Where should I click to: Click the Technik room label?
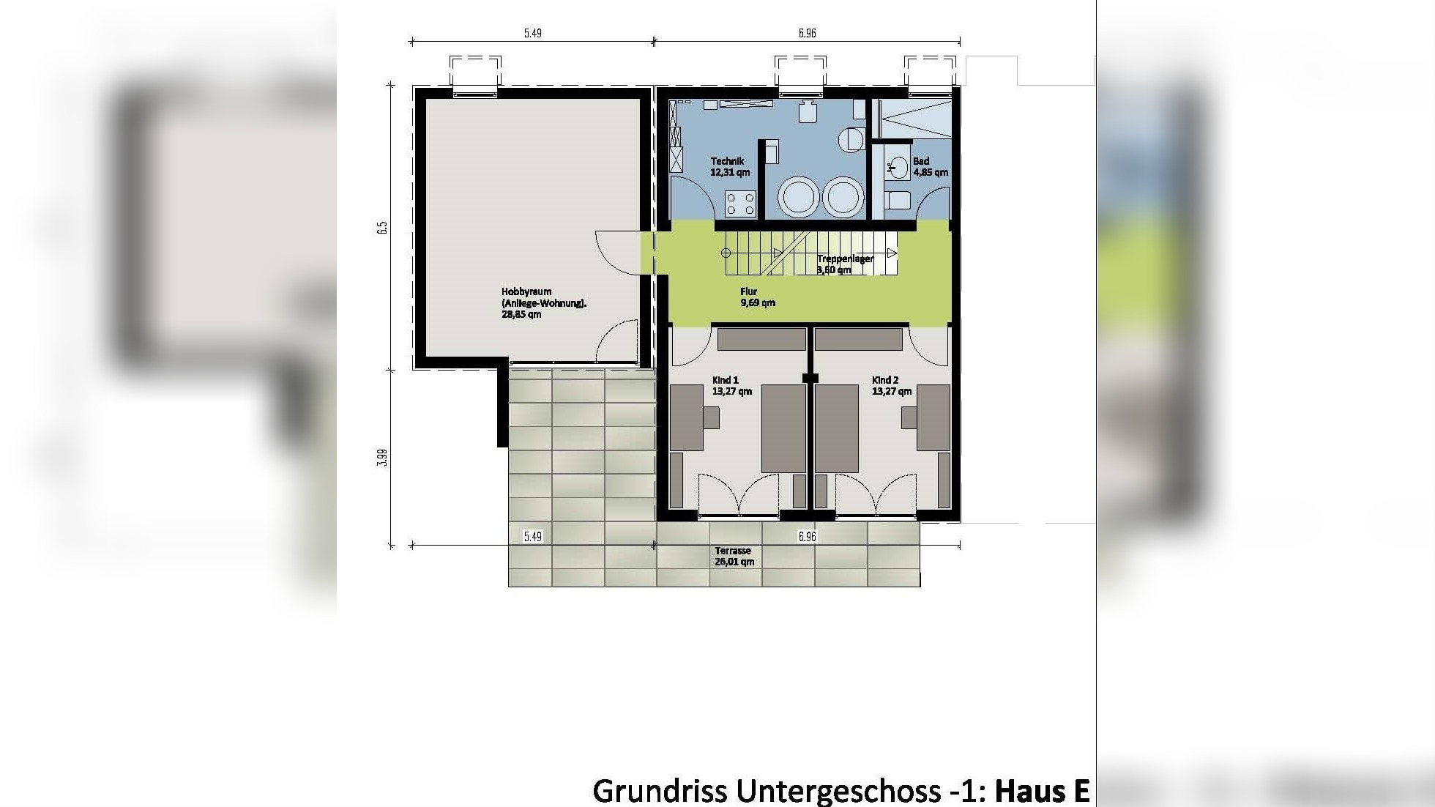click(x=729, y=167)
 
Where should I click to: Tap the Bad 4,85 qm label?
click(x=930, y=167)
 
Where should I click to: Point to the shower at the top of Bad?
click(x=915, y=119)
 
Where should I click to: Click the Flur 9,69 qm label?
click(x=757, y=297)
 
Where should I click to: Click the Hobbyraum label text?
click(x=543, y=302)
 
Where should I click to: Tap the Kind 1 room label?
click(x=731, y=386)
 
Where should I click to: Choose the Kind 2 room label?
click(x=890, y=386)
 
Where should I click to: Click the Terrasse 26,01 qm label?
click(x=734, y=557)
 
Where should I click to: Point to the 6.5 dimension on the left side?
click(x=381, y=228)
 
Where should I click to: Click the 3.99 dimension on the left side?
click(x=381, y=458)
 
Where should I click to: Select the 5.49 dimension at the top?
click(x=532, y=33)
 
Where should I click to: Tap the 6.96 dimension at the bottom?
click(x=806, y=537)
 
